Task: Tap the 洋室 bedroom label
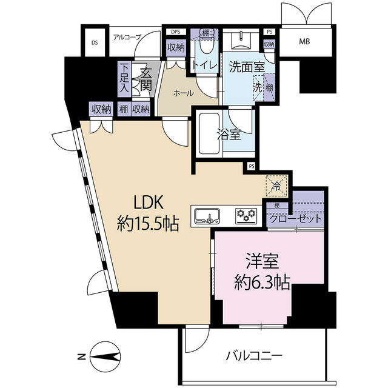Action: click(x=262, y=261)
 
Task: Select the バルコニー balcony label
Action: click(x=254, y=356)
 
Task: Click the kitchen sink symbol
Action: click(x=207, y=216)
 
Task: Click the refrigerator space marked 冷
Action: click(x=276, y=186)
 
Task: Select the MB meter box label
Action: click(x=304, y=42)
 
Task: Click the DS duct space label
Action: click(x=95, y=43)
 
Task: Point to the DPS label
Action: click(x=175, y=32)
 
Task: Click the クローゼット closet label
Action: click(x=296, y=219)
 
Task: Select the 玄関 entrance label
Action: click(x=145, y=79)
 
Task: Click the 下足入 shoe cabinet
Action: click(x=124, y=79)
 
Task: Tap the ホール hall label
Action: click(x=183, y=93)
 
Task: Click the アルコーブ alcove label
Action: click(x=127, y=37)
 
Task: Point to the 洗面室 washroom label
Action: click(x=247, y=67)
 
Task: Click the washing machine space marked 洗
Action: click(x=257, y=88)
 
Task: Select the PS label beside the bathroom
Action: click(x=252, y=167)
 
